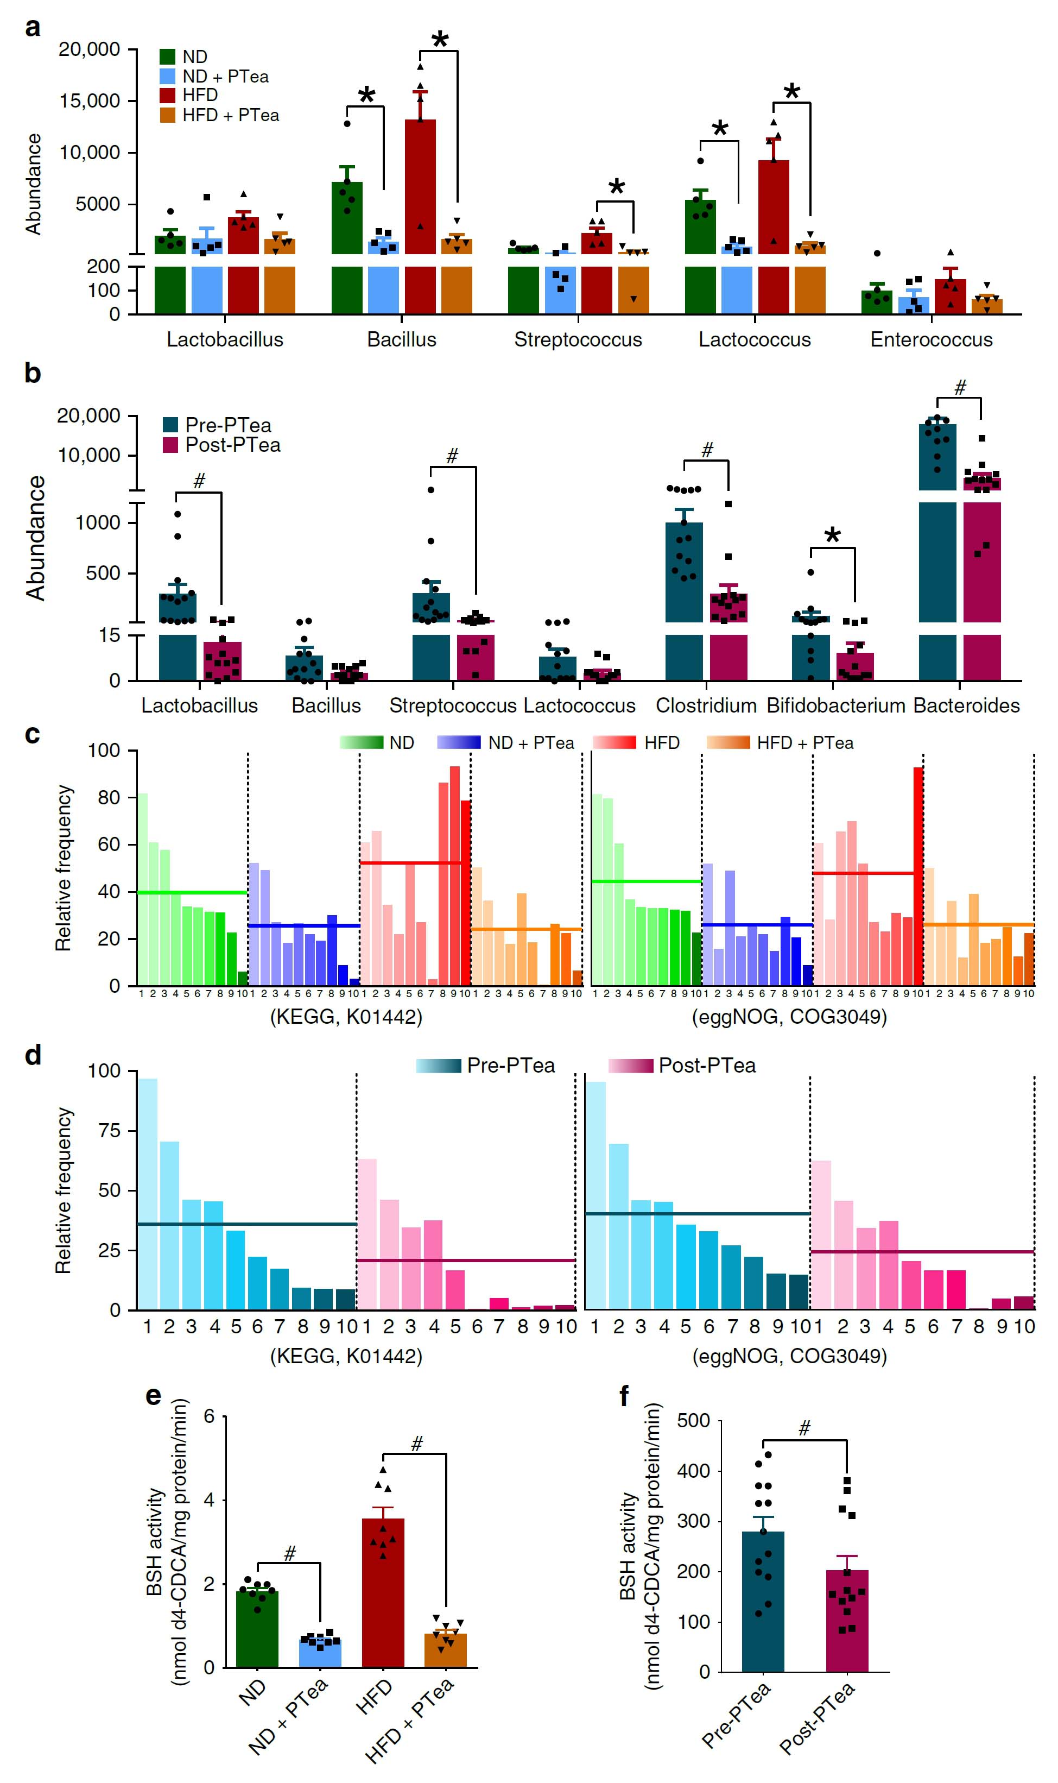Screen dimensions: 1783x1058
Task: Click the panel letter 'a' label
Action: [x=32, y=29]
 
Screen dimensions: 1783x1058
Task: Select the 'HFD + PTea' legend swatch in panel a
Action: [x=168, y=115]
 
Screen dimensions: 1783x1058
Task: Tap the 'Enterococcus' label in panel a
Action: [x=931, y=339]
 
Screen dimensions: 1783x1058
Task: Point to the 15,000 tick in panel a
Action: [x=89, y=101]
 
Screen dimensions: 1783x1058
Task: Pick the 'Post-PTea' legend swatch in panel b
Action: [x=170, y=445]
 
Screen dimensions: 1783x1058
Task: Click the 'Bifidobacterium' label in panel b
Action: [x=835, y=705]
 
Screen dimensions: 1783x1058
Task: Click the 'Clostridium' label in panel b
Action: [x=706, y=705]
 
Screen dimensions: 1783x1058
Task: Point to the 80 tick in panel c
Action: [x=109, y=797]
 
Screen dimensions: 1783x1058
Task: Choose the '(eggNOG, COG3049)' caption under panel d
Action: [x=789, y=1356]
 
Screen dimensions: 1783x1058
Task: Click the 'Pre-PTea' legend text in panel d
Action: [x=510, y=1066]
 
